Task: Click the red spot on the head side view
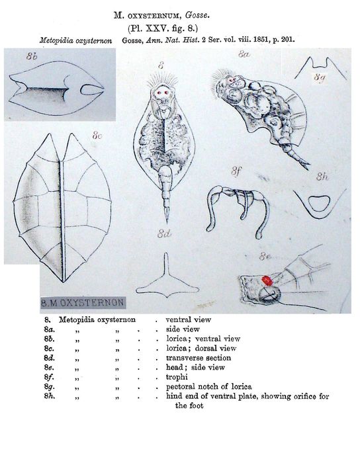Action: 266,281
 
